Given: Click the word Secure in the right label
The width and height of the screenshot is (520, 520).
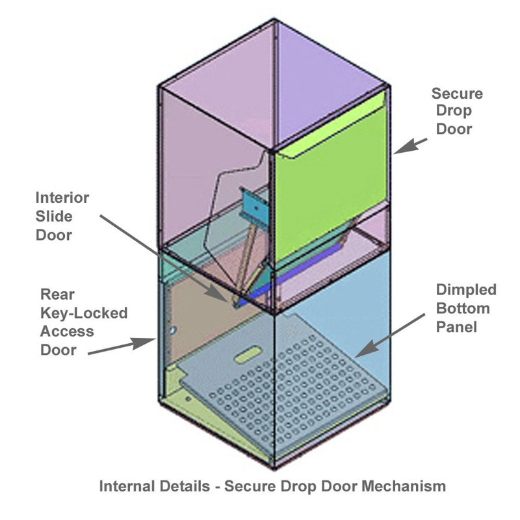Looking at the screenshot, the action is click(457, 94).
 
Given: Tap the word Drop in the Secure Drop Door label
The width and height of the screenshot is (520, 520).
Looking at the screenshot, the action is click(454, 110).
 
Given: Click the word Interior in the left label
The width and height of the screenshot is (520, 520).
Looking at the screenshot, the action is click(62, 198).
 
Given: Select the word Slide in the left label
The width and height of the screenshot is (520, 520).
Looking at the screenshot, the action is click(54, 216).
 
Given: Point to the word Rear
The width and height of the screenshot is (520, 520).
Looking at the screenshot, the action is click(57, 294).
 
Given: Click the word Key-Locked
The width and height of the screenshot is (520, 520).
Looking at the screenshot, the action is click(84, 313).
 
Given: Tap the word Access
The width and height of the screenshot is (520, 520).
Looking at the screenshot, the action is click(67, 331).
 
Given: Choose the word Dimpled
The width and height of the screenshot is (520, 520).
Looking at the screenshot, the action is click(466, 290).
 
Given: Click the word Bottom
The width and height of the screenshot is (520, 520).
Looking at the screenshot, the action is click(463, 308).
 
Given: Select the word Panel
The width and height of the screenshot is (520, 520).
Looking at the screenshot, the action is click(456, 327).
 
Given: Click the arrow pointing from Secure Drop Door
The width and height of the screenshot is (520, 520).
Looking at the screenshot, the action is click(410, 146).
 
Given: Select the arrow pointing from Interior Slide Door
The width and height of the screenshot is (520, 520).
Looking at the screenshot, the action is click(164, 258).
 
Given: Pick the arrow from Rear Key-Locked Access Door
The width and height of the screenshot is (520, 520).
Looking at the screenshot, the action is click(122, 346).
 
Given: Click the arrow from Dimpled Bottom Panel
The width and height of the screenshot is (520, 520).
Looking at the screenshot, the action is click(390, 335).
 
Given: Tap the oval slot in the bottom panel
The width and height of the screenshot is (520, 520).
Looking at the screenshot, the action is click(247, 354).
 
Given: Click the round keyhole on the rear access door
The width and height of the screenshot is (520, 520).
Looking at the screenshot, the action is click(172, 330).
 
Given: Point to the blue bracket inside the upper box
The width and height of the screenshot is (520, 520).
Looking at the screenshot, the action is click(253, 207).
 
